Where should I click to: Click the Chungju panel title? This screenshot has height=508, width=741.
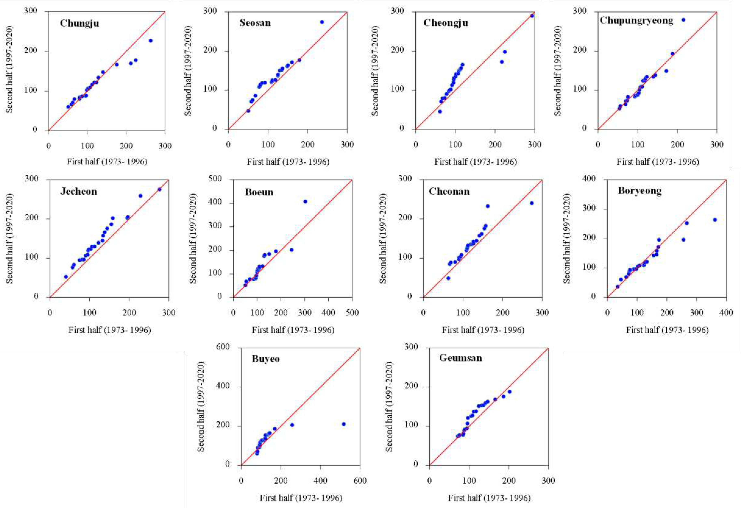tap(79, 23)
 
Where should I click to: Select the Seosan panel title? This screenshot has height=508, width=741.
tap(255, 23)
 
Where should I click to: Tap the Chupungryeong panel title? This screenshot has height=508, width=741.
tap(636, 21)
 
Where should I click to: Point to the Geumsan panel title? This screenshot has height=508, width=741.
tap(461, 358)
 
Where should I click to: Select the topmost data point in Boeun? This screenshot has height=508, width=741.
tap(305, 202)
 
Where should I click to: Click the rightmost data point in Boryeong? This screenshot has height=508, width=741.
tap(715, 220)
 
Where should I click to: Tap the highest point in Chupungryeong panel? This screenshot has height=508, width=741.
tap(683, 20)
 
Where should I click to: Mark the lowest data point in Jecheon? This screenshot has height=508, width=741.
tap(66, 277)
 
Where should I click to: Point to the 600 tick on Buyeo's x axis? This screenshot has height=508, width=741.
tap(360, 481)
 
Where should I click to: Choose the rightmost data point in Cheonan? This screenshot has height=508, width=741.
tap(532, 203)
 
